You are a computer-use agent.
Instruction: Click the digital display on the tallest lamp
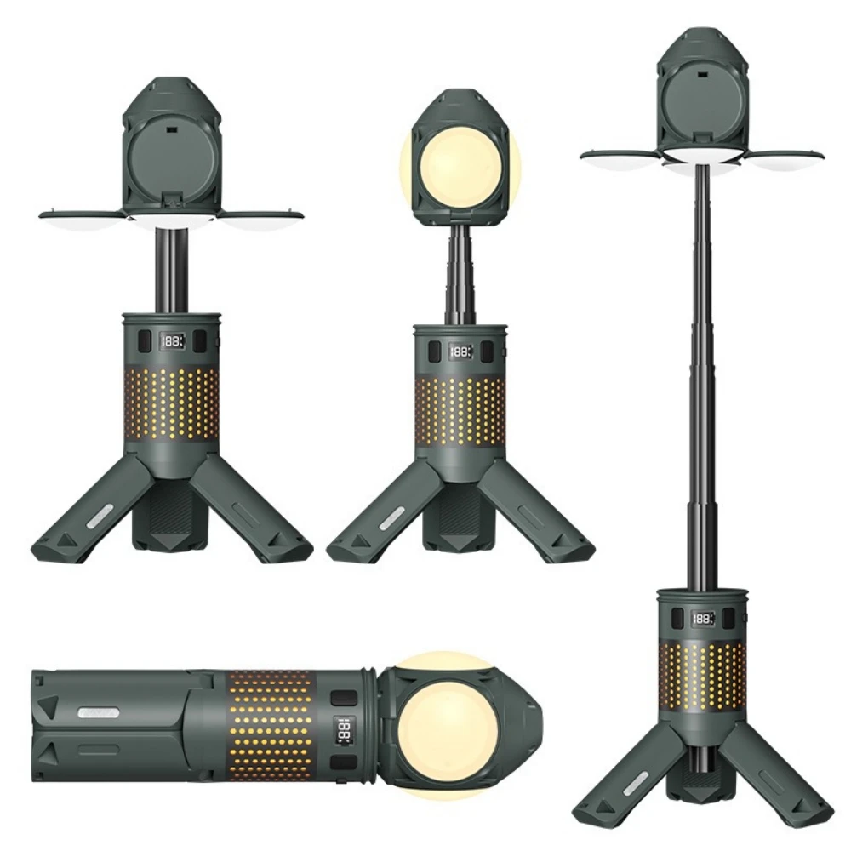[703, 619]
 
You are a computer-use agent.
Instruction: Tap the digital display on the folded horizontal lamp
[345, 732]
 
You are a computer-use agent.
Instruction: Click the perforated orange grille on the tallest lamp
[703, 677]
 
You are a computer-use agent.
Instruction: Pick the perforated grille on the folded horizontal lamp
[271, 725]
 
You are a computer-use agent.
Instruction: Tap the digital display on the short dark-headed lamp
[172, 341]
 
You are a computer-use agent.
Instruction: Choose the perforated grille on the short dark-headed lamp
[172, 404]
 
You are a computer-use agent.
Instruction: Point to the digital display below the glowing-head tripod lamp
[460, 351]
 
